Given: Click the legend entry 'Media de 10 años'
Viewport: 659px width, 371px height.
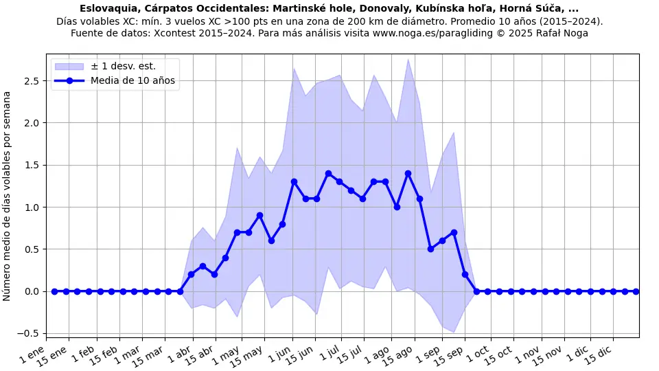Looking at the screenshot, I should tap(132, 80).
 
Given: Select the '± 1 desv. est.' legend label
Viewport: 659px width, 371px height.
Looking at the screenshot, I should tap(123, 66).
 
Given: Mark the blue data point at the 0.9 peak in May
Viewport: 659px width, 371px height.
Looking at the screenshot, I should tap(259, 216).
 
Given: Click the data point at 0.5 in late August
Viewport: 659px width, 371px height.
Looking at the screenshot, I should tap(430, 249).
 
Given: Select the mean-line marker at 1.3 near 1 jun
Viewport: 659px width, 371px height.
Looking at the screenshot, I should tap(294, 182).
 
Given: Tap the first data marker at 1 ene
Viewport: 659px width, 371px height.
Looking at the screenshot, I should tap(54, 291).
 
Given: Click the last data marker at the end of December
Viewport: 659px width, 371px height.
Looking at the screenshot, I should tap(636, 291).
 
